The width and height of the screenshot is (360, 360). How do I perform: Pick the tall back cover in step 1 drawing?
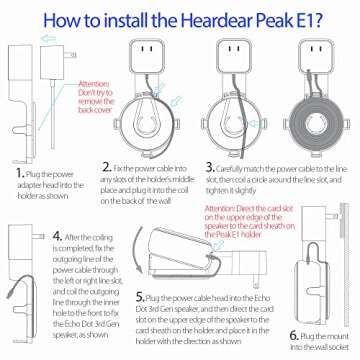[x=24, y=110]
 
